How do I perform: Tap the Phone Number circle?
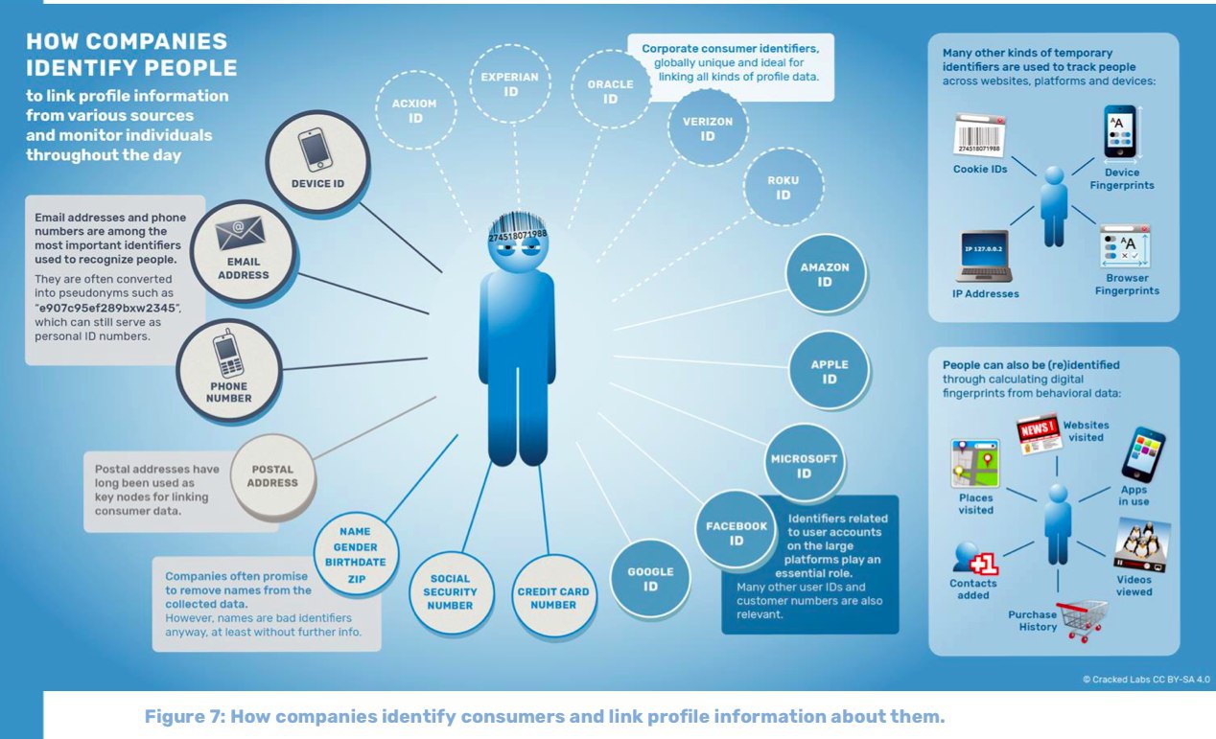[229, 372]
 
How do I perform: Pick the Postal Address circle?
[273, 476]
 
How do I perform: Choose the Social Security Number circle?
[450, 591]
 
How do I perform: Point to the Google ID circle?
[650, 578]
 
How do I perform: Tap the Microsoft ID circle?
[804, 465]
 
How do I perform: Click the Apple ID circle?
[829, 371]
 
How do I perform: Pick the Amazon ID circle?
[824, 274]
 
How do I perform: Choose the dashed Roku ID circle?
[783, 188]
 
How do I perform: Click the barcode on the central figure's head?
[518, 225]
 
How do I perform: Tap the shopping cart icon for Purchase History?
[1081, 619]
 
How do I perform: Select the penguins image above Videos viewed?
[1141, 546]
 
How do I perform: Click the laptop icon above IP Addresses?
[982, 256]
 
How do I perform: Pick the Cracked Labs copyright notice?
[1146, 679]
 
